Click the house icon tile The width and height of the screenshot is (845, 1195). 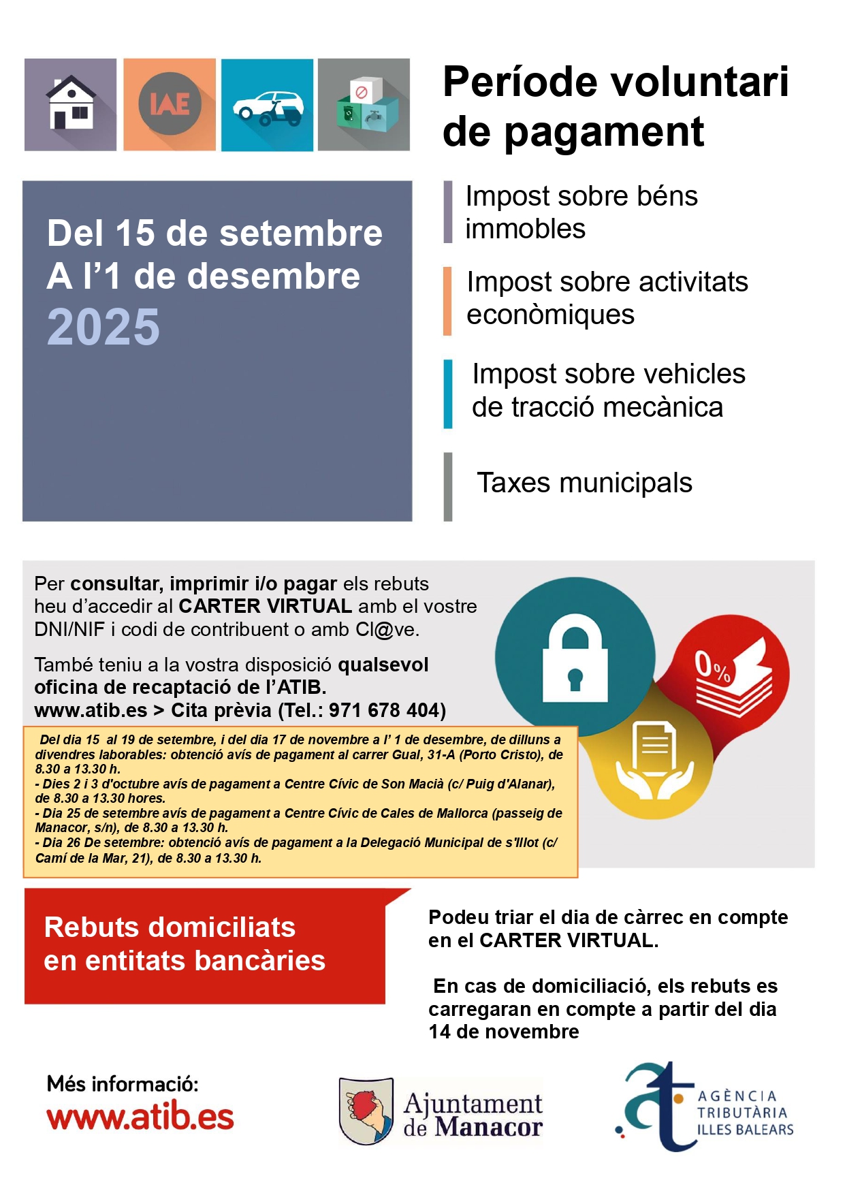[70, 104]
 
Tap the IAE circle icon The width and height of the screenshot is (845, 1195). [170, 103]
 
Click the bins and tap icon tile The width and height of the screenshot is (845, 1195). [364, 104]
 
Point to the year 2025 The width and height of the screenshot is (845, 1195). [103, 328]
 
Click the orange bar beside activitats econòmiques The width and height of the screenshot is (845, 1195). [447, 301]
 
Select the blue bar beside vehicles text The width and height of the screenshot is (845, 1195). [448, 394]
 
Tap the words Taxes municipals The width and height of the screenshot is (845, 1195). [584, 483]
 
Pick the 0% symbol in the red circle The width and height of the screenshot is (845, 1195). [712, 667]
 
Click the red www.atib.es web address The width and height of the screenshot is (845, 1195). [140, 1117]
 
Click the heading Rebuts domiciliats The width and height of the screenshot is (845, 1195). [170, 927]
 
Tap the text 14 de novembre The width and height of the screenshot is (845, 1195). [504, 1032]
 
